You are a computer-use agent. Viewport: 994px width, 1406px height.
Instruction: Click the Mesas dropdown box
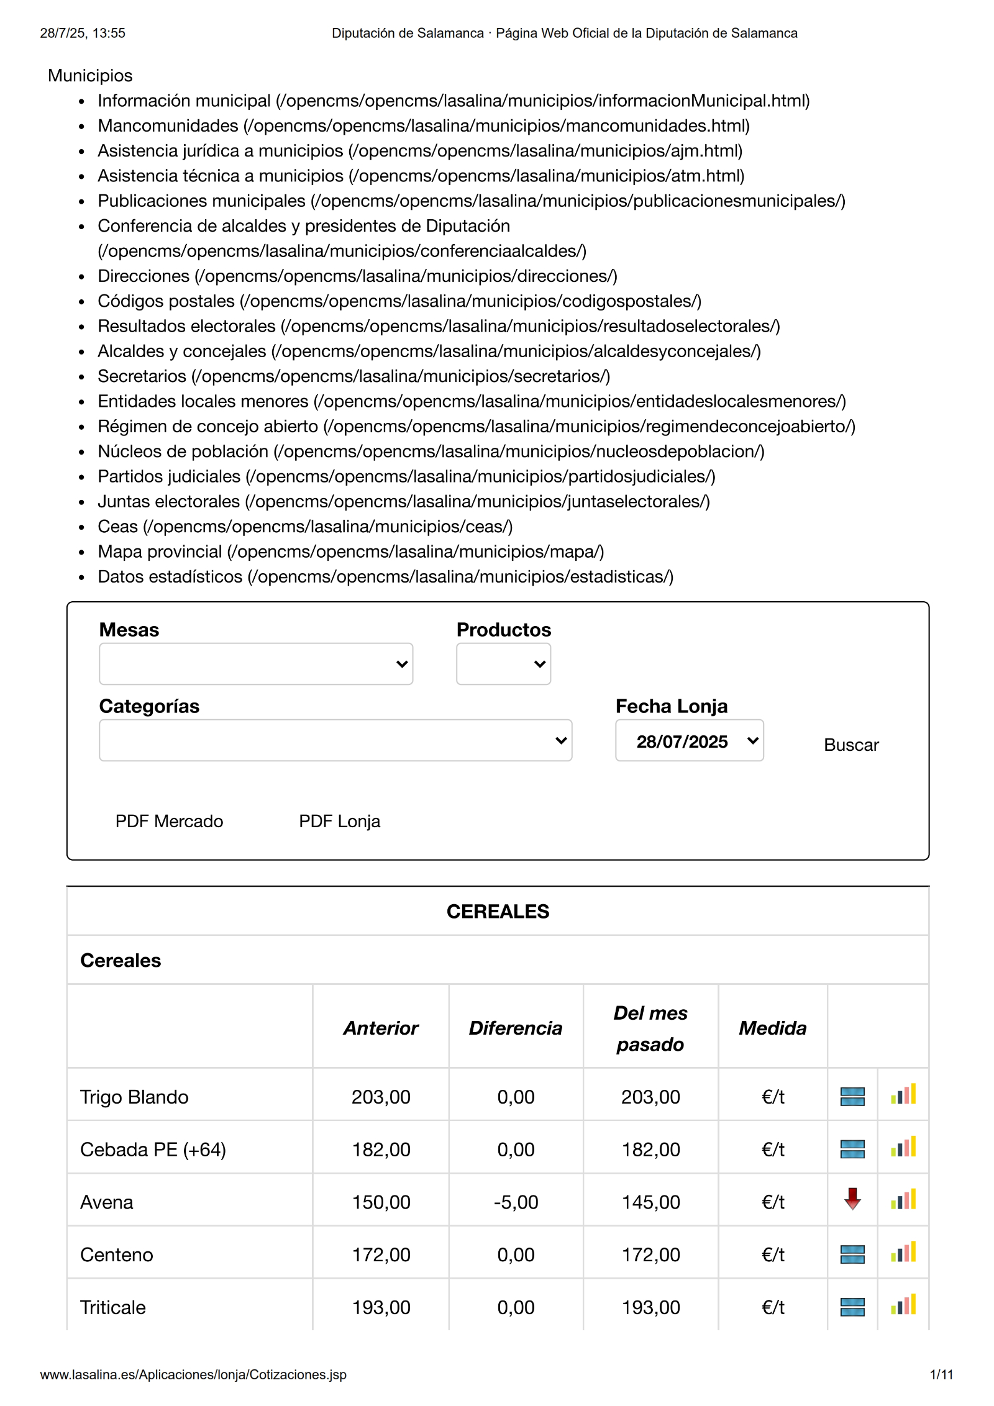[x=255, y=664]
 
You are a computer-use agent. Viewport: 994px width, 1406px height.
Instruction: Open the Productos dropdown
[x=503, y=664]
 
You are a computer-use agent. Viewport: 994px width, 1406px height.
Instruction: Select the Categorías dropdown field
[x=335, y=740]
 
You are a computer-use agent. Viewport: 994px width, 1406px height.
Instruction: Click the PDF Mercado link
[x=169, y=821]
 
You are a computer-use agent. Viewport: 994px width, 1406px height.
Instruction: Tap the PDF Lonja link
[x=339, y=821]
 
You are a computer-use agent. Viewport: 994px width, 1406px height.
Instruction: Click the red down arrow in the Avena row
[x=852, y=1199]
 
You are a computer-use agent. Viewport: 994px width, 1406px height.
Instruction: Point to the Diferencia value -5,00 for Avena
[x=516, y=1202]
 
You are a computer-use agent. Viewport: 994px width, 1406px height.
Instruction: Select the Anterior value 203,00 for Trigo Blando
[x=381, y=1097]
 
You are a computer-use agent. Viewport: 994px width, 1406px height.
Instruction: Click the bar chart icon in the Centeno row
[x=903, y=1253]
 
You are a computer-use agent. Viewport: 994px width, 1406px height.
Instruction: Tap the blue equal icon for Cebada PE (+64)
[x=852, y=1149]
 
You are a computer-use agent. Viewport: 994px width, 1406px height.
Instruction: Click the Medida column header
[x=772, y=1028]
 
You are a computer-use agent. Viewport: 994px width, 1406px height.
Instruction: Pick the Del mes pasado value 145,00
[x=650, y=1202]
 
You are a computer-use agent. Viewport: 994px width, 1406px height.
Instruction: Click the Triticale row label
[x=113, y=1307]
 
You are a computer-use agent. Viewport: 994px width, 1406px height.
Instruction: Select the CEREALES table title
[x=498, y=912]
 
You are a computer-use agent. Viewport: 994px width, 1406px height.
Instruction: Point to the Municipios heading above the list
[x=90, y=76]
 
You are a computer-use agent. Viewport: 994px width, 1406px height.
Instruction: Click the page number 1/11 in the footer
[x=941, y=1374]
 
